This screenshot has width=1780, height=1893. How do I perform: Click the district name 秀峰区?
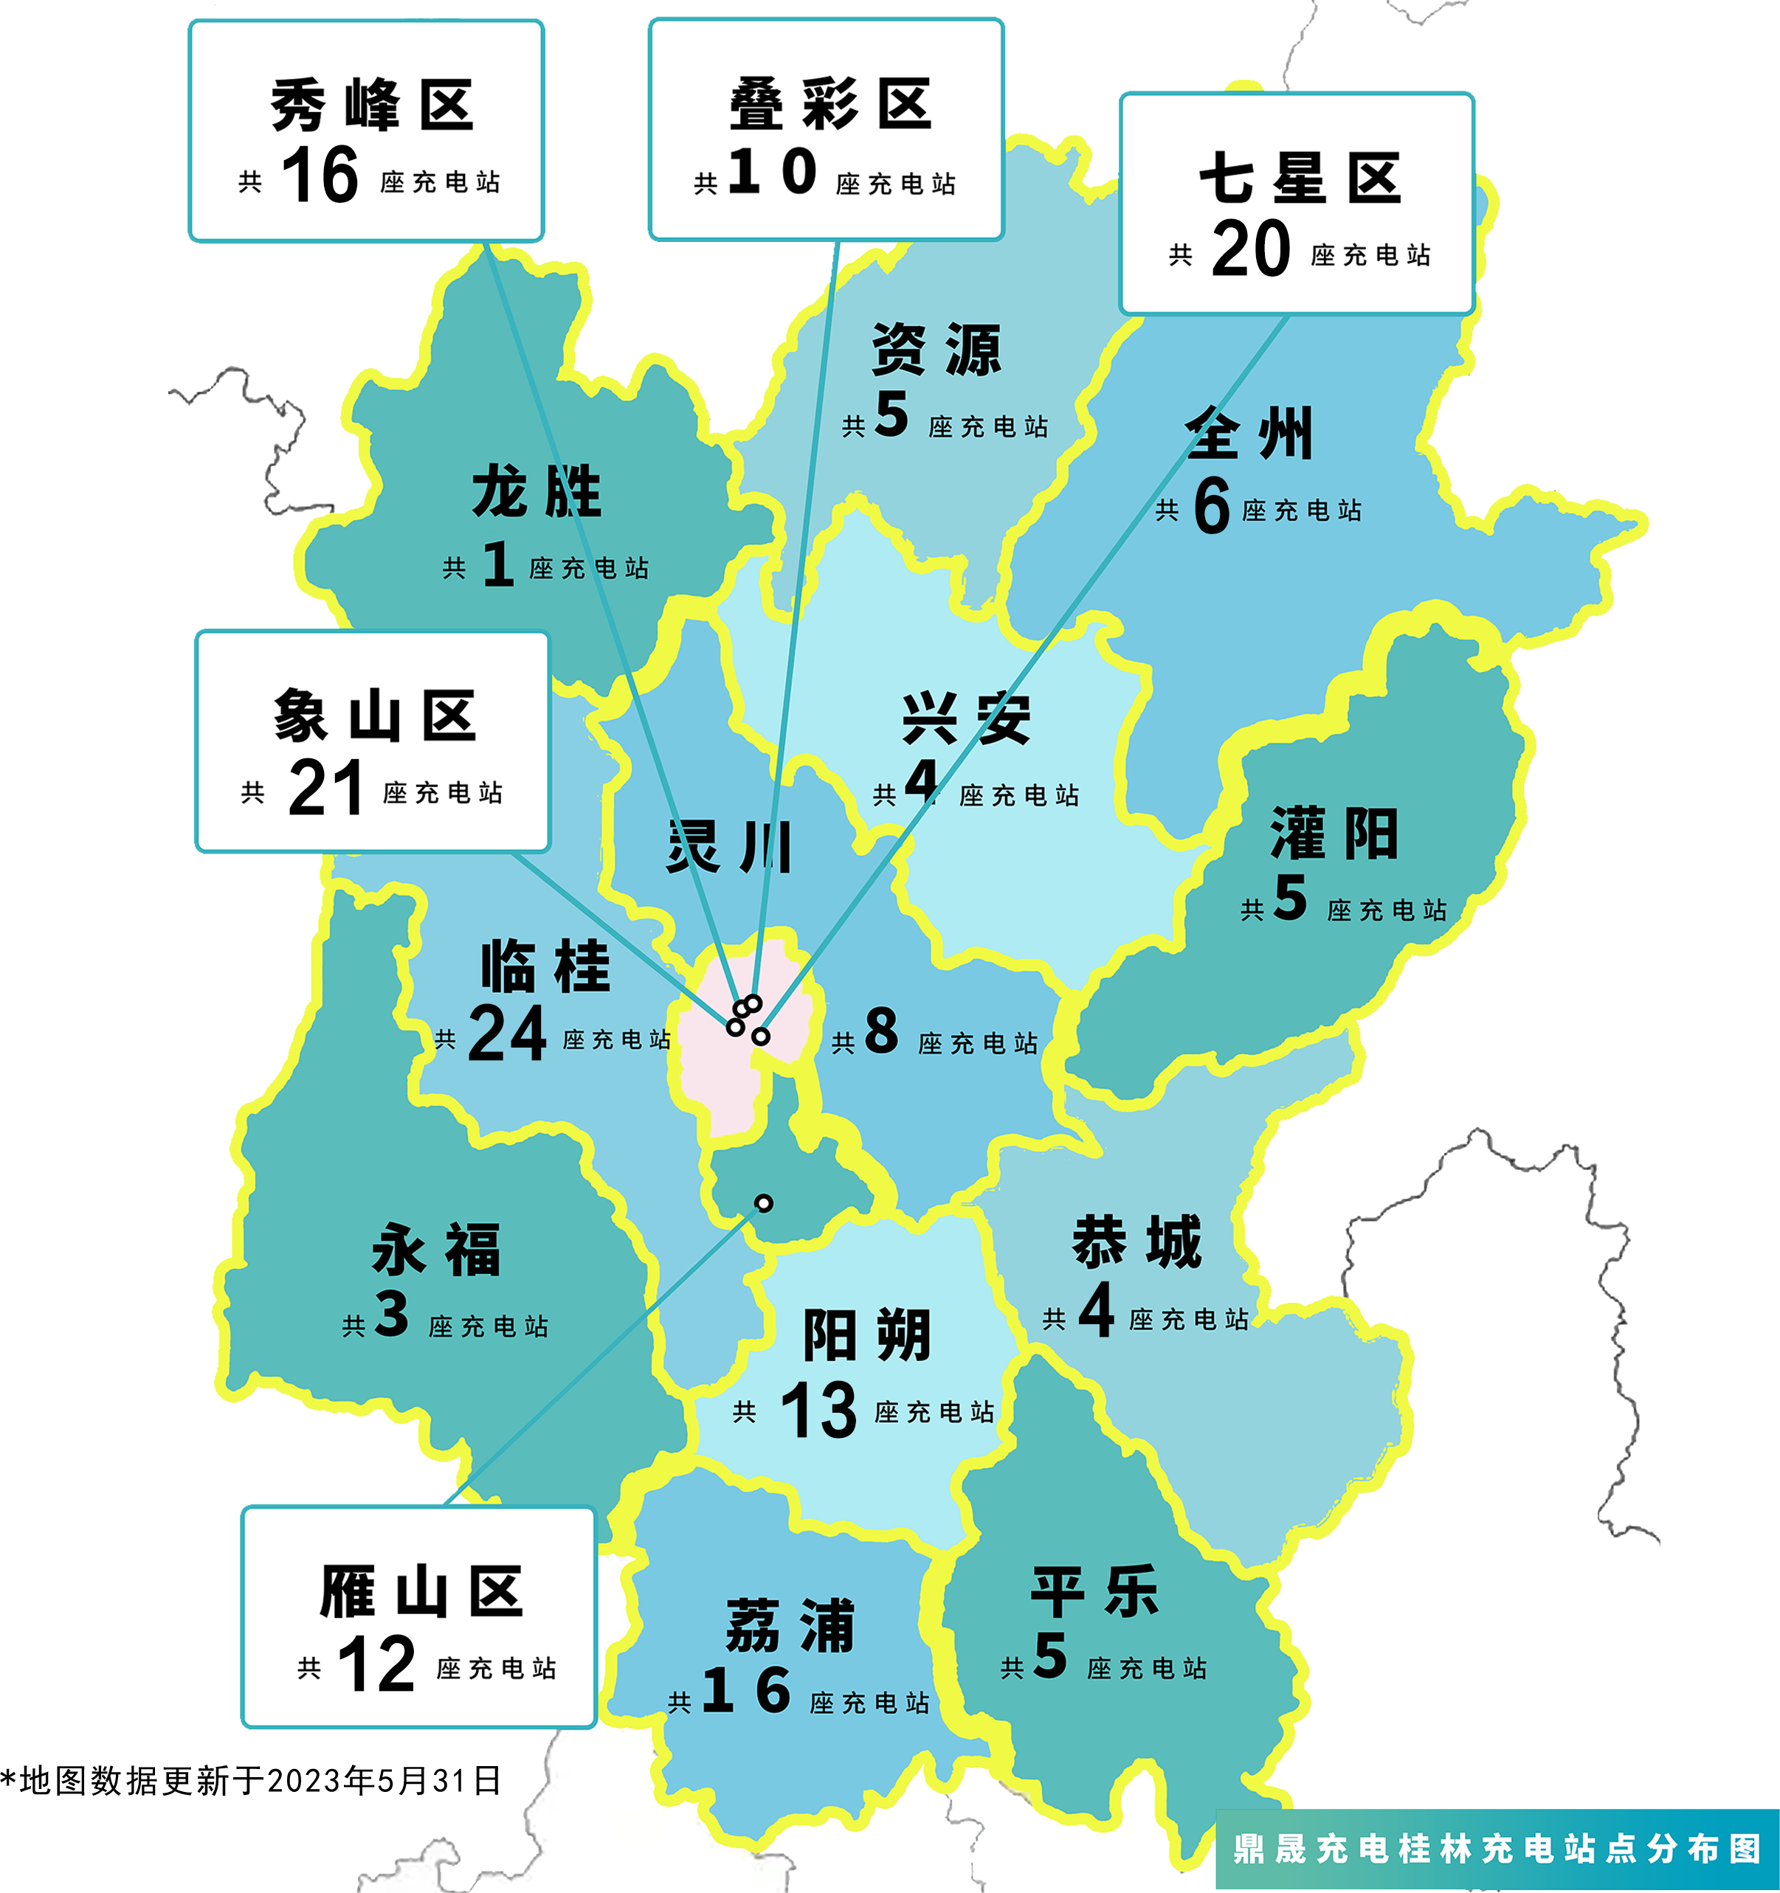click(371, 105)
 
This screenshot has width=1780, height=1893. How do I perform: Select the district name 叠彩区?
click(829, 104)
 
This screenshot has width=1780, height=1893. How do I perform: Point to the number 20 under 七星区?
click(1250, 249)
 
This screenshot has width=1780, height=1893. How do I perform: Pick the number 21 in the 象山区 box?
click(325, 787)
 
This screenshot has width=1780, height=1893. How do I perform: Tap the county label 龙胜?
click(537, 491)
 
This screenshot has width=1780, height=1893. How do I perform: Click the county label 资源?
click(936, 350)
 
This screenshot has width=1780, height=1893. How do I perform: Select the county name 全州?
click(1249, 433)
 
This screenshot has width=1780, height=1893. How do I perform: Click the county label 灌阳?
click(1334, 833)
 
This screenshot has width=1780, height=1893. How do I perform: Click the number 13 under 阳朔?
click(818, 1411)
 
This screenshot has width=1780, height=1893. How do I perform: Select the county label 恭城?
click(1137, 1242)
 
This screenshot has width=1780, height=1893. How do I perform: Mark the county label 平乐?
click(1094, 1591)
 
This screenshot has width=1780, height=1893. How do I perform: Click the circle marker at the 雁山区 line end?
click(763, 1204)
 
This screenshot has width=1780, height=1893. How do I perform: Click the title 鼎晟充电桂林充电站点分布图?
click(1497, 1848)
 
